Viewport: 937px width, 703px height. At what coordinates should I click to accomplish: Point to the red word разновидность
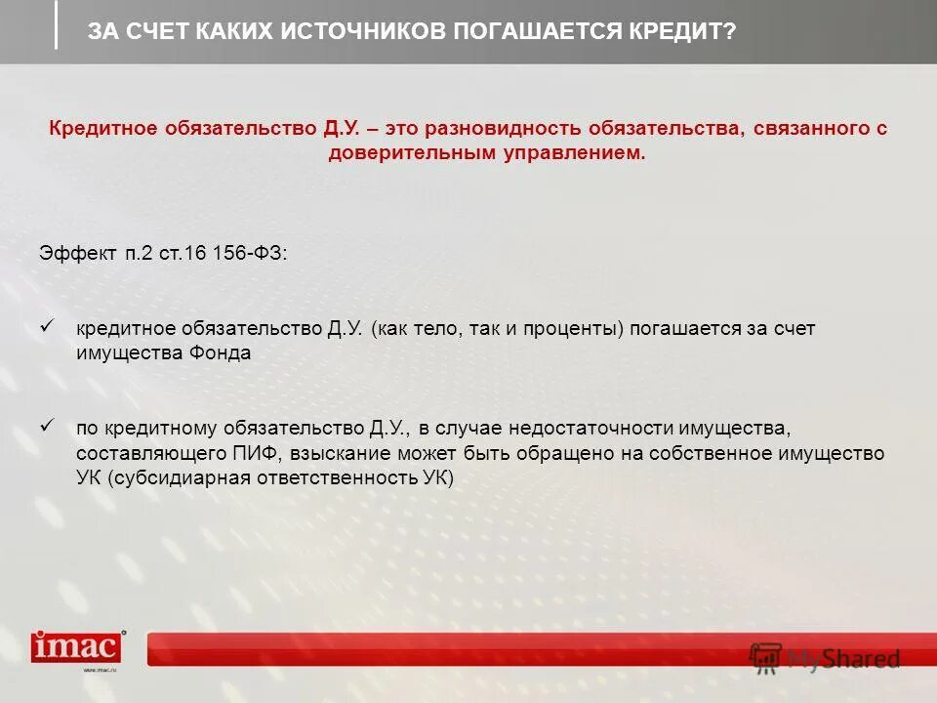pos(499,129)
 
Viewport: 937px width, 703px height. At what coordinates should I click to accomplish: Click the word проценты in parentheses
pos(571,329)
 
